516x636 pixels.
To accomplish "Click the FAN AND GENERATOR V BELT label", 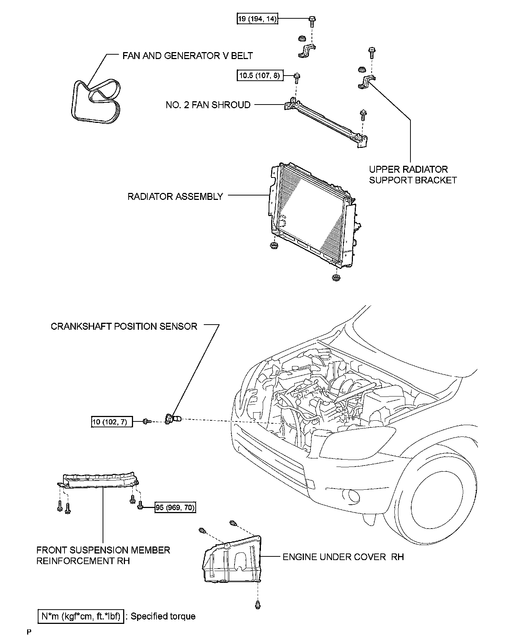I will click(x=187, y=56).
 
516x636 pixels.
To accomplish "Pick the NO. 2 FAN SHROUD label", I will click(x=208, y=105).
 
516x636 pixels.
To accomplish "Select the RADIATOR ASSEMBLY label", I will click(x=175, y=197).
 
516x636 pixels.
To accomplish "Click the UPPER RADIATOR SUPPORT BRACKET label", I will click(x=413, y=175).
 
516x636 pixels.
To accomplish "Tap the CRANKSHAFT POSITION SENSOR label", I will click(x=124, y=326).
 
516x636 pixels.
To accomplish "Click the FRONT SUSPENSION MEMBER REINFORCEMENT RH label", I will click(x=103, y=555).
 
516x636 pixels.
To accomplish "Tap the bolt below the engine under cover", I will click(x=257, y=604).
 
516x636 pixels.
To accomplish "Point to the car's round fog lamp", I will click(x=354, y=496).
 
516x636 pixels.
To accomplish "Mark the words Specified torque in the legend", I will click(x=163, y=616).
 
